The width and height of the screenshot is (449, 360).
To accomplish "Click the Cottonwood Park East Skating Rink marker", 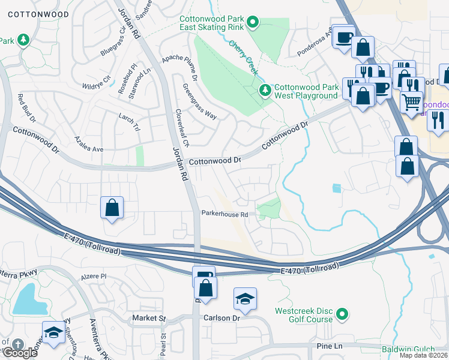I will tap(253, 23).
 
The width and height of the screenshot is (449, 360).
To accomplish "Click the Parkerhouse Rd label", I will tap(224, 214).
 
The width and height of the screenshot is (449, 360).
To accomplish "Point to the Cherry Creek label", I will tap(244, 58).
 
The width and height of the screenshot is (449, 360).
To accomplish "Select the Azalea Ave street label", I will tap(89, 148).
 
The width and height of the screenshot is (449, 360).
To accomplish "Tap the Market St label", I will tap(149, 318).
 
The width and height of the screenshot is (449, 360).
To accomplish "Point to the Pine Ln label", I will tap(329, 347).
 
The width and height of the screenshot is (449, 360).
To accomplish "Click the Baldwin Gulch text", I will tap(414, 349).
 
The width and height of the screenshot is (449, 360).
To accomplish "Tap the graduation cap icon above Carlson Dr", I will tap(246, 299).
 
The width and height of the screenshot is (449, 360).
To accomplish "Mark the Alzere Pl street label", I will tap(93, 277).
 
